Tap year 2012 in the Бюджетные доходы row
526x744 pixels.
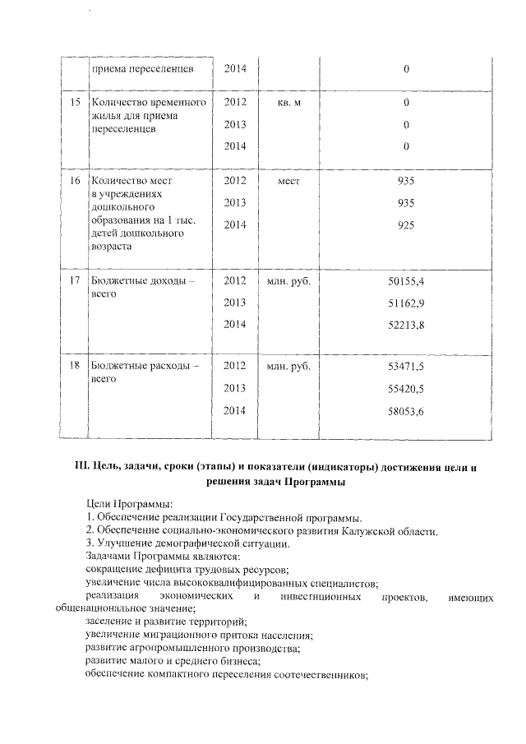(x=235, y=281)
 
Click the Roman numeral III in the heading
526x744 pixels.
(x=81, y=467)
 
